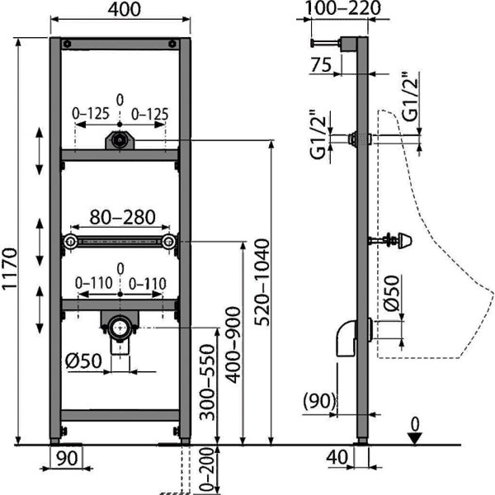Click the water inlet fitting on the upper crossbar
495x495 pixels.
pyautogui.click(x=120, y=141)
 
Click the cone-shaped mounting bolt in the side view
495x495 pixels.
pyautogui.click(x=403, y=241)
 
